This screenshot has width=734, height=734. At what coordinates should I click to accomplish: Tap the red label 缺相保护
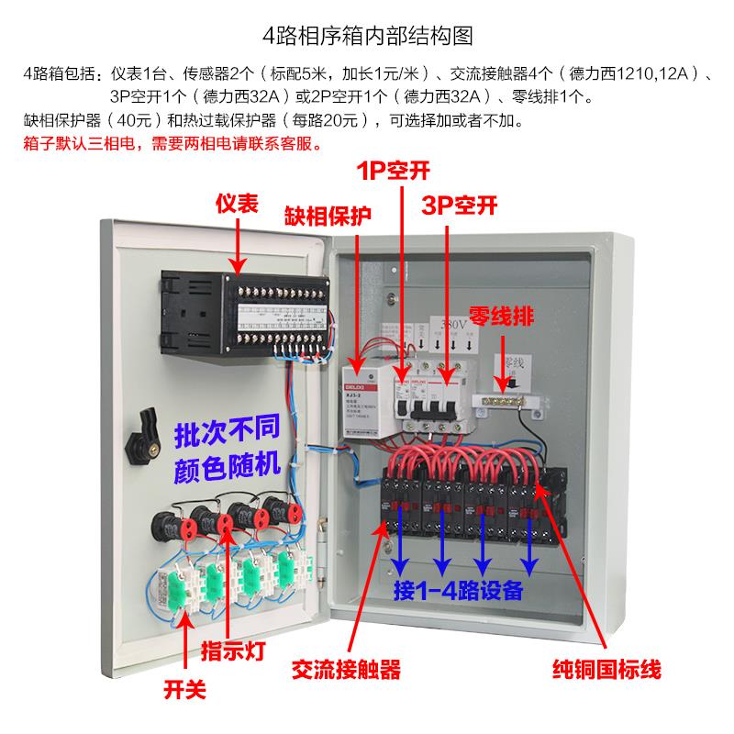pyautogui.click(x=328, y=217)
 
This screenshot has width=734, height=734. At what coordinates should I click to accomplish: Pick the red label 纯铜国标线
pyautogui.click(x=606, y=668)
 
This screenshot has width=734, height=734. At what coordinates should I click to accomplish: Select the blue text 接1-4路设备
pyautogui.click(x=458, y=588)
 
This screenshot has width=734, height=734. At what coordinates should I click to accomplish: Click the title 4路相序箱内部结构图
pyautogui.click(x=367, y=36)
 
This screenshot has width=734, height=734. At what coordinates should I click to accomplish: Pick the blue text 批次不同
pyautogui.click(x=225, y=431)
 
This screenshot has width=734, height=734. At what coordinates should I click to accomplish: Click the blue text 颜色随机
pyautogui.click(x=225, y=468)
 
